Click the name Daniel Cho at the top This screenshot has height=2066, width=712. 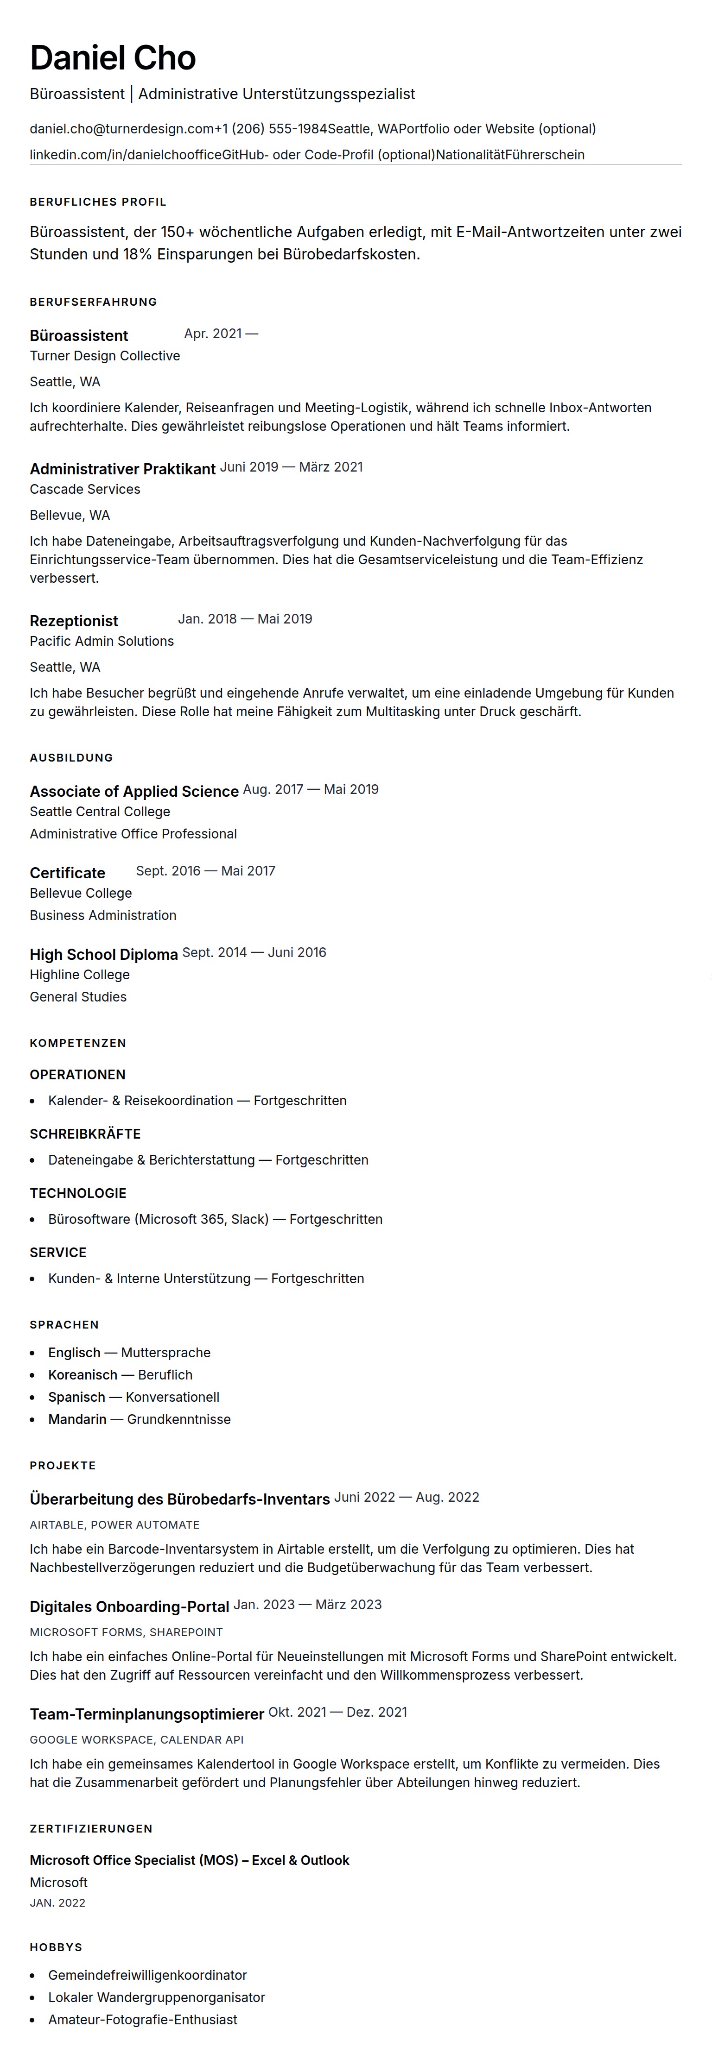112,58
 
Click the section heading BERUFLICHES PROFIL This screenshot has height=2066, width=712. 98,202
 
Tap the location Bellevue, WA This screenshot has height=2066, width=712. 70,516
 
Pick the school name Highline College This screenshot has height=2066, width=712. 79,975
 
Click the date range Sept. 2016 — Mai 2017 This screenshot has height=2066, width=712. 205,871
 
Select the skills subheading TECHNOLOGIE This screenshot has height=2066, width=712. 78,1193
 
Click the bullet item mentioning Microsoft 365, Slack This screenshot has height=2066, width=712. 215,1220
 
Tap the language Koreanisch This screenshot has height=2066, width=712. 83,1375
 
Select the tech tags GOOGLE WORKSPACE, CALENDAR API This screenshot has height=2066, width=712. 136,1739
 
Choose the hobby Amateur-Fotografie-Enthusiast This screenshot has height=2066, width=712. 143,2020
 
